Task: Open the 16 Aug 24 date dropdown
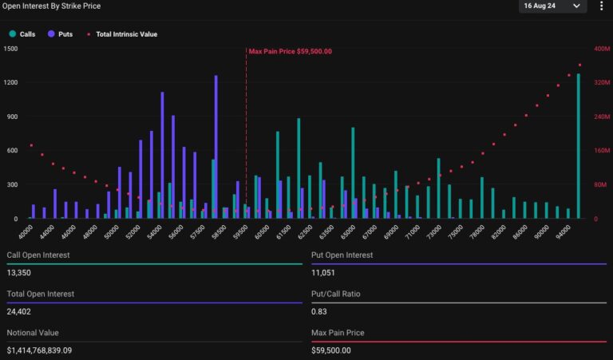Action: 552,6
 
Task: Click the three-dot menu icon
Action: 601,6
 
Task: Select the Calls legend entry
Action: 23,34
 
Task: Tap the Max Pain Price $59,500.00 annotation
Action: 290,51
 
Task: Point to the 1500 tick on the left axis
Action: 11,49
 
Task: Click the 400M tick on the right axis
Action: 602,49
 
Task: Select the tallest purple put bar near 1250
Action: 216,144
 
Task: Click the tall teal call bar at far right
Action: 579,144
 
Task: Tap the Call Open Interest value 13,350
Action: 19,273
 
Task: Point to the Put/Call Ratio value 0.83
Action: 318,312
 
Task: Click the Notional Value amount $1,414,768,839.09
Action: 50,350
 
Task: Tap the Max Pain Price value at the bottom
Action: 331,350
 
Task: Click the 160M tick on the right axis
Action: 602,150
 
